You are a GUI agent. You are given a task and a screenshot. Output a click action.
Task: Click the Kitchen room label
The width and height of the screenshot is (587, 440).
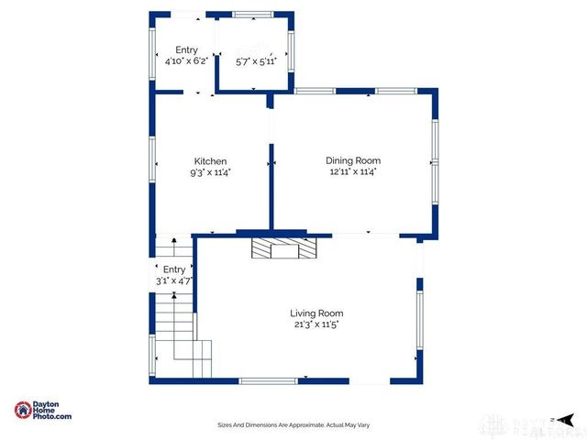[210, 161]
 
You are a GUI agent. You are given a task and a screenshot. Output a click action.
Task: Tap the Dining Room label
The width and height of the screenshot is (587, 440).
[353, 161]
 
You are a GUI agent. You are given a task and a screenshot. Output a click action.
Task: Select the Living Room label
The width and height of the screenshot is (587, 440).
[317, 313]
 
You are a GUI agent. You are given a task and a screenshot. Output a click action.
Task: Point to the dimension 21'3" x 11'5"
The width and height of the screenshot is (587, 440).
[317, 324]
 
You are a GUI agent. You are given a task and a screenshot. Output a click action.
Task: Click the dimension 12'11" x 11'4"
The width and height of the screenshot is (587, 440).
[353, 171]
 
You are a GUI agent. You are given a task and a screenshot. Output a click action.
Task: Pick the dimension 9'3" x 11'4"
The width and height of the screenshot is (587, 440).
[210, 171]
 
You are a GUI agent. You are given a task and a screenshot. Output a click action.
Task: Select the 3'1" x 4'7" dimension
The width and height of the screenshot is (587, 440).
[173, 280]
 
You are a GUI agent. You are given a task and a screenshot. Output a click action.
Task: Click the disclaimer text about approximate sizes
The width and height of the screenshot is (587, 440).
[293, 424]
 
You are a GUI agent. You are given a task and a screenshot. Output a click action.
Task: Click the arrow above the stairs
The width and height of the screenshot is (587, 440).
[174, 243]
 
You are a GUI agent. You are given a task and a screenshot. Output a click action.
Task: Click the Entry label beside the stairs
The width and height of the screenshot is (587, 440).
[173, 269]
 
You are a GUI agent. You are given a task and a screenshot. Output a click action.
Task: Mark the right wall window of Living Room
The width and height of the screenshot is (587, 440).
[420, 322]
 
